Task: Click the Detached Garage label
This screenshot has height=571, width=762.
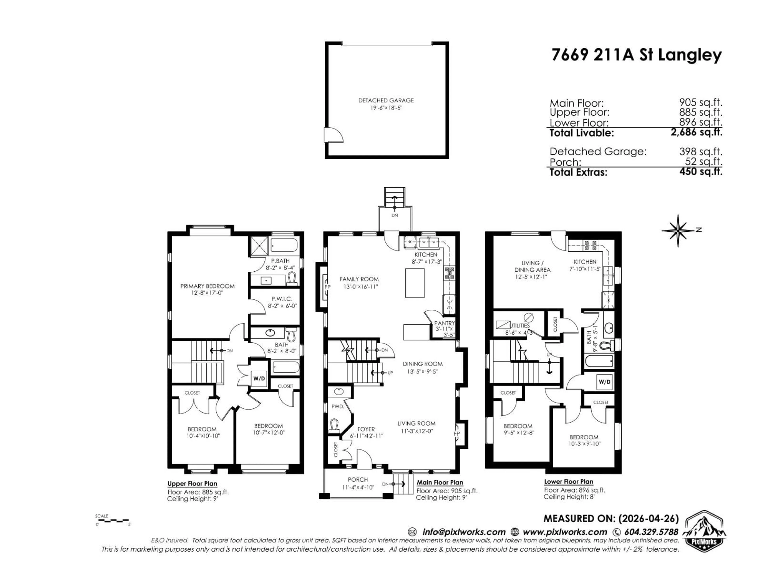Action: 386,101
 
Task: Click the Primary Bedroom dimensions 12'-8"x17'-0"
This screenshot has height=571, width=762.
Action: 207,293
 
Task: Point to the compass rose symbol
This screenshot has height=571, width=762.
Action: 678,231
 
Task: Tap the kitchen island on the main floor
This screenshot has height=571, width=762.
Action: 415,283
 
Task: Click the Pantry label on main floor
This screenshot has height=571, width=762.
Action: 444,323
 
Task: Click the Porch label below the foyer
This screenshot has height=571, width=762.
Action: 358,479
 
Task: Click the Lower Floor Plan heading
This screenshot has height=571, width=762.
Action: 568,482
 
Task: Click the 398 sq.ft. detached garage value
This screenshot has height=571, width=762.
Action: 701,151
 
